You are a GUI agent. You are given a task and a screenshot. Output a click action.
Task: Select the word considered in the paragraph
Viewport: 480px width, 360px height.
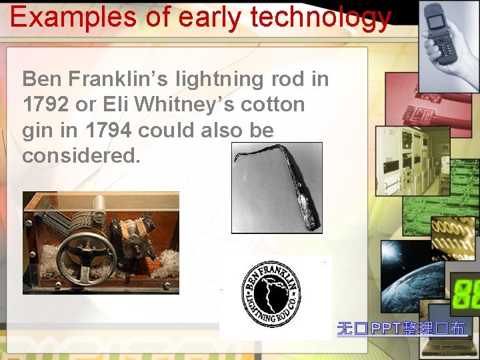tap(81, 156)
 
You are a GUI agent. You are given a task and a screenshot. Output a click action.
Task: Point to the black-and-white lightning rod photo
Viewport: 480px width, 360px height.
tap(277, 187)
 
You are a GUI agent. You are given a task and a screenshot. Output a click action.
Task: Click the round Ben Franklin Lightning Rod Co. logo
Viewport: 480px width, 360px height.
tap(271, 294)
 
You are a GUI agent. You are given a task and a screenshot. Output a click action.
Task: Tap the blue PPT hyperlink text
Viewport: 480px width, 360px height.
tap(401, 328)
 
